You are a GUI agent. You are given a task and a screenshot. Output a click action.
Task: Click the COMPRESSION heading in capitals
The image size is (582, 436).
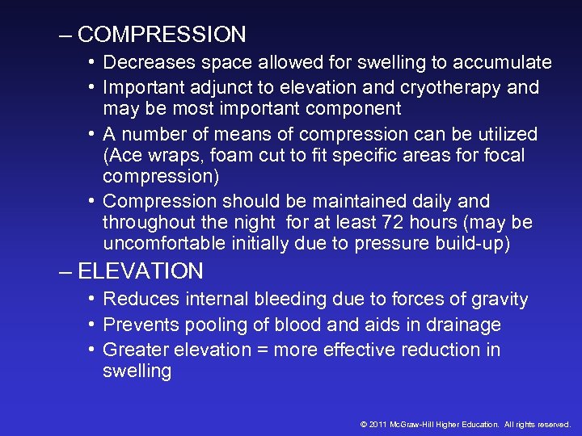click(x=162, y=35)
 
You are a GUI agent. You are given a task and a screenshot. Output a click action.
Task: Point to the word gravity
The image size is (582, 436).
click(x=498, y=300)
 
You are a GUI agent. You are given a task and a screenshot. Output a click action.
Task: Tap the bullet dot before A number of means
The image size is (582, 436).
click(x=92, y=133)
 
